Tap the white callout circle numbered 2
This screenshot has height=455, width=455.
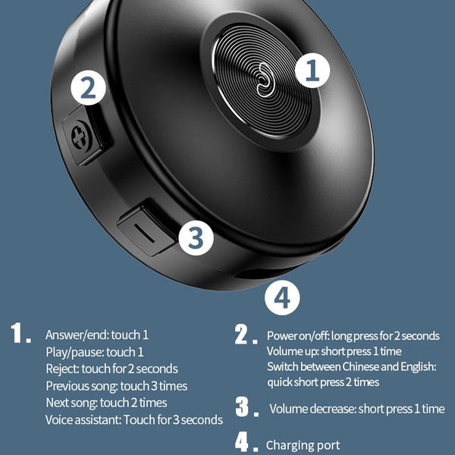point(89,89)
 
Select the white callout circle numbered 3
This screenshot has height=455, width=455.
point(195,237)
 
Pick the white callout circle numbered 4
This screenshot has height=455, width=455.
point(281,297)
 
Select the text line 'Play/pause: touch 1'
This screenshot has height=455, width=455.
point(94,352)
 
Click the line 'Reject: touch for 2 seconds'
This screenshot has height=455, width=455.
point(111,369)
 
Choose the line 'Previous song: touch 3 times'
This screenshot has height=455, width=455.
point(115,386)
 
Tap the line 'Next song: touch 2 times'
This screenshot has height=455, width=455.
point(106,403)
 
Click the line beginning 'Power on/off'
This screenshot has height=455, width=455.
point(353,336)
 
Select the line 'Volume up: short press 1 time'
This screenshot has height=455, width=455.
point(333,351)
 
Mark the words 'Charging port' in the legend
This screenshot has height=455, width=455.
point(303,445)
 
